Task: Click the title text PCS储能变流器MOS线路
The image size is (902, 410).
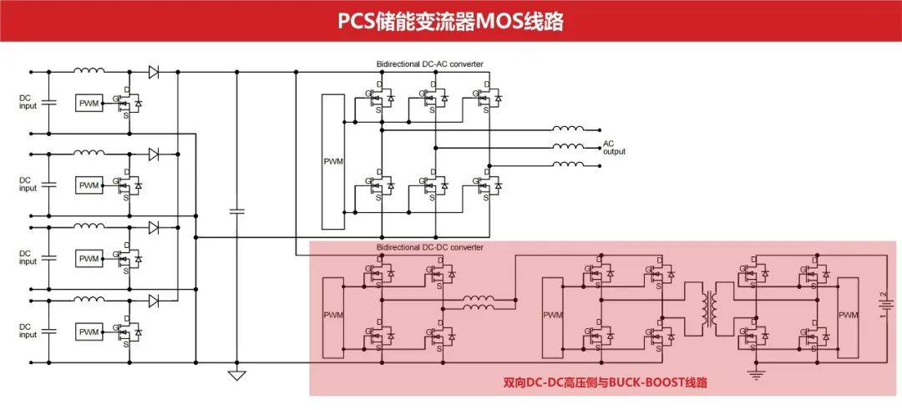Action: pyautogui.click(x=450, y=21)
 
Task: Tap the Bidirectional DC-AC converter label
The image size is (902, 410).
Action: pyautogui.click(x=429, y=64)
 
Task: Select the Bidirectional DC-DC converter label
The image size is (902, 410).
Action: pyautogui.click(x=429, y=247)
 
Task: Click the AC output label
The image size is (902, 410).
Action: pyautogui.click(x=614, y=148)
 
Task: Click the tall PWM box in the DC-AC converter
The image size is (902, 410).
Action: pyautogui.click(x=332, y=161)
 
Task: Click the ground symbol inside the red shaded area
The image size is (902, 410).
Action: pyautogui.click(x=757, y=374)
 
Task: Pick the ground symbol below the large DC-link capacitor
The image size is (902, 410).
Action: pyautogui.click(x=237, y=375)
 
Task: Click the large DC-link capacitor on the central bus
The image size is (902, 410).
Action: pyautogui.click(x=237, y=212)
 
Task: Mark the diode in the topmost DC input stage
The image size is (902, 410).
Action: pyautogui.click(x=154, y=73)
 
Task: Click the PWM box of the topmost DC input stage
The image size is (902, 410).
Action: pyautogui.click(x=89, y=103)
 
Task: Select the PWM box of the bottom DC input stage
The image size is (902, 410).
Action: pyautogui.click(x=89, y=332)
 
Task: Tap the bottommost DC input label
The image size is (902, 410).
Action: pyautogui.click(x=28, y=332)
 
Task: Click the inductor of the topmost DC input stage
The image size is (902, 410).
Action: pyautogui.click(x=89, y=72)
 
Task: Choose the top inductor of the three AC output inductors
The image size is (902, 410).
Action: pyautogui.click(x=568, y=129)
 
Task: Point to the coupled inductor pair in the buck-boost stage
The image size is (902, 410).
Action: pyautogui.click(x=478, y=301)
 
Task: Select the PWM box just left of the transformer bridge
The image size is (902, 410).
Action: pyautogui.click(x=552, y=315)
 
